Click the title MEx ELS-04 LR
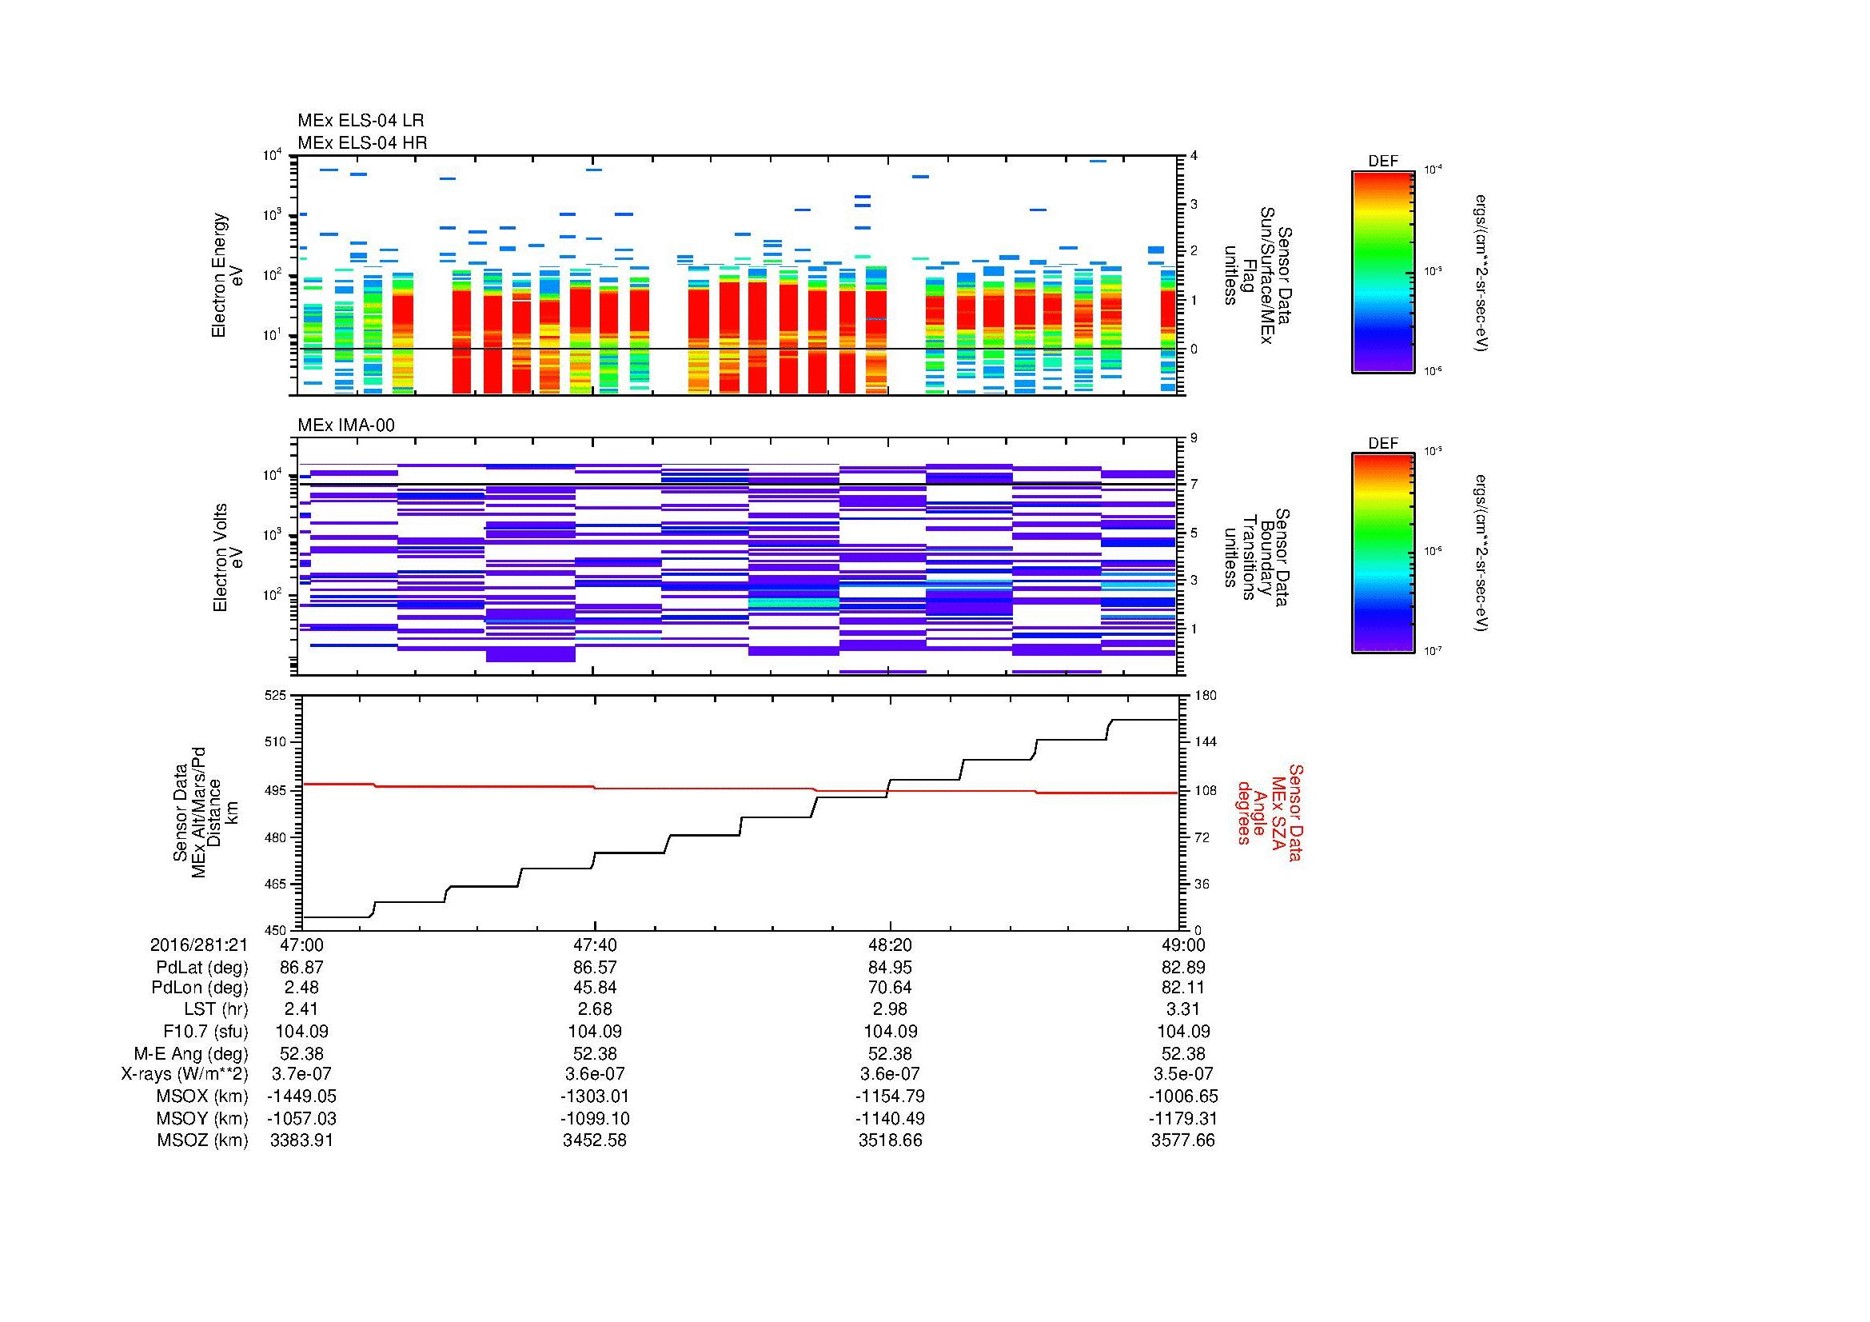click(360, 121)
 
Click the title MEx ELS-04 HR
click(361, 142)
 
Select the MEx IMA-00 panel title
click(345, 425)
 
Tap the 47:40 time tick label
click(595, 945)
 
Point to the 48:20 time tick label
click(890, 945)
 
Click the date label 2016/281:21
click(199, 945)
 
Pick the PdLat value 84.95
click(890, 968)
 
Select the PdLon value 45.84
click(595, 987)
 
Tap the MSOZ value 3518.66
click(890, 1140)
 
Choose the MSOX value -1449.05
click(301, 1096)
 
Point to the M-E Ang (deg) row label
click(190, 1053)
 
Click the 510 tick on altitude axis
click(277, 742)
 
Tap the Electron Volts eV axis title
click(229, 557)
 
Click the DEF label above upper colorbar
click(1382, 162)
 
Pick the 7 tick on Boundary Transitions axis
click(1194, 485)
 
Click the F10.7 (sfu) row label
click(205, 1031)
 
